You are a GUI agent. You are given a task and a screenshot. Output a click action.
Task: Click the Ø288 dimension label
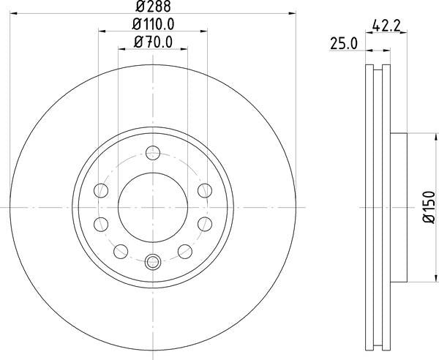153,7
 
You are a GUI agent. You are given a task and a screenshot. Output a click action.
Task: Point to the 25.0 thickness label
343,44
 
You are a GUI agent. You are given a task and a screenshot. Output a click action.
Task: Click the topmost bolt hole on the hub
152,153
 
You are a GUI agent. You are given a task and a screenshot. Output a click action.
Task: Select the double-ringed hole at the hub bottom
152,262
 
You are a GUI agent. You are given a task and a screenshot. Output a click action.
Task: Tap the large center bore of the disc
152,207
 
